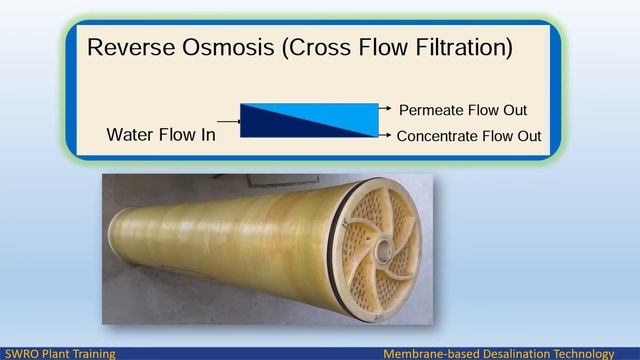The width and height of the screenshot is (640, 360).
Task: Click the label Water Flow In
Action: pyautogui.click(x=161, y=135)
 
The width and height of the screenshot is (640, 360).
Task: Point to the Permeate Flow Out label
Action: pyautogui.click(x=463, y=110)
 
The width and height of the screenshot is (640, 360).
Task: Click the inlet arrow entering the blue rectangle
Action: pyautogui.click(x=229, y=121)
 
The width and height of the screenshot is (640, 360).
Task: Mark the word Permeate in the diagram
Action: pyautogui.click(x=431, y=110)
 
